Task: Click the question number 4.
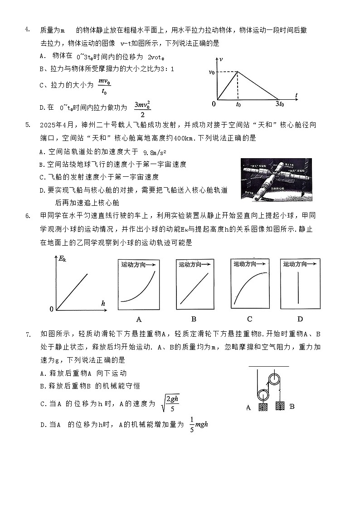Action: [27, 30]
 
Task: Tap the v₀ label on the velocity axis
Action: [212, 73]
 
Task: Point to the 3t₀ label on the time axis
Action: [279, 104]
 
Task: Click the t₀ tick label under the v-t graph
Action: [238, 104]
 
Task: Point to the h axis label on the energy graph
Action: [103, 303]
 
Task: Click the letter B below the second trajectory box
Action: [194, 319]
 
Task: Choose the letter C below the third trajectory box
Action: [249, 319]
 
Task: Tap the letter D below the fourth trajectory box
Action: [300, 319]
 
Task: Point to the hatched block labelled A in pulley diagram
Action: [263, 407]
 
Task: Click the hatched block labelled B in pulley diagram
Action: [280, 407]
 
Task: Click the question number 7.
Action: [27, 334]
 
